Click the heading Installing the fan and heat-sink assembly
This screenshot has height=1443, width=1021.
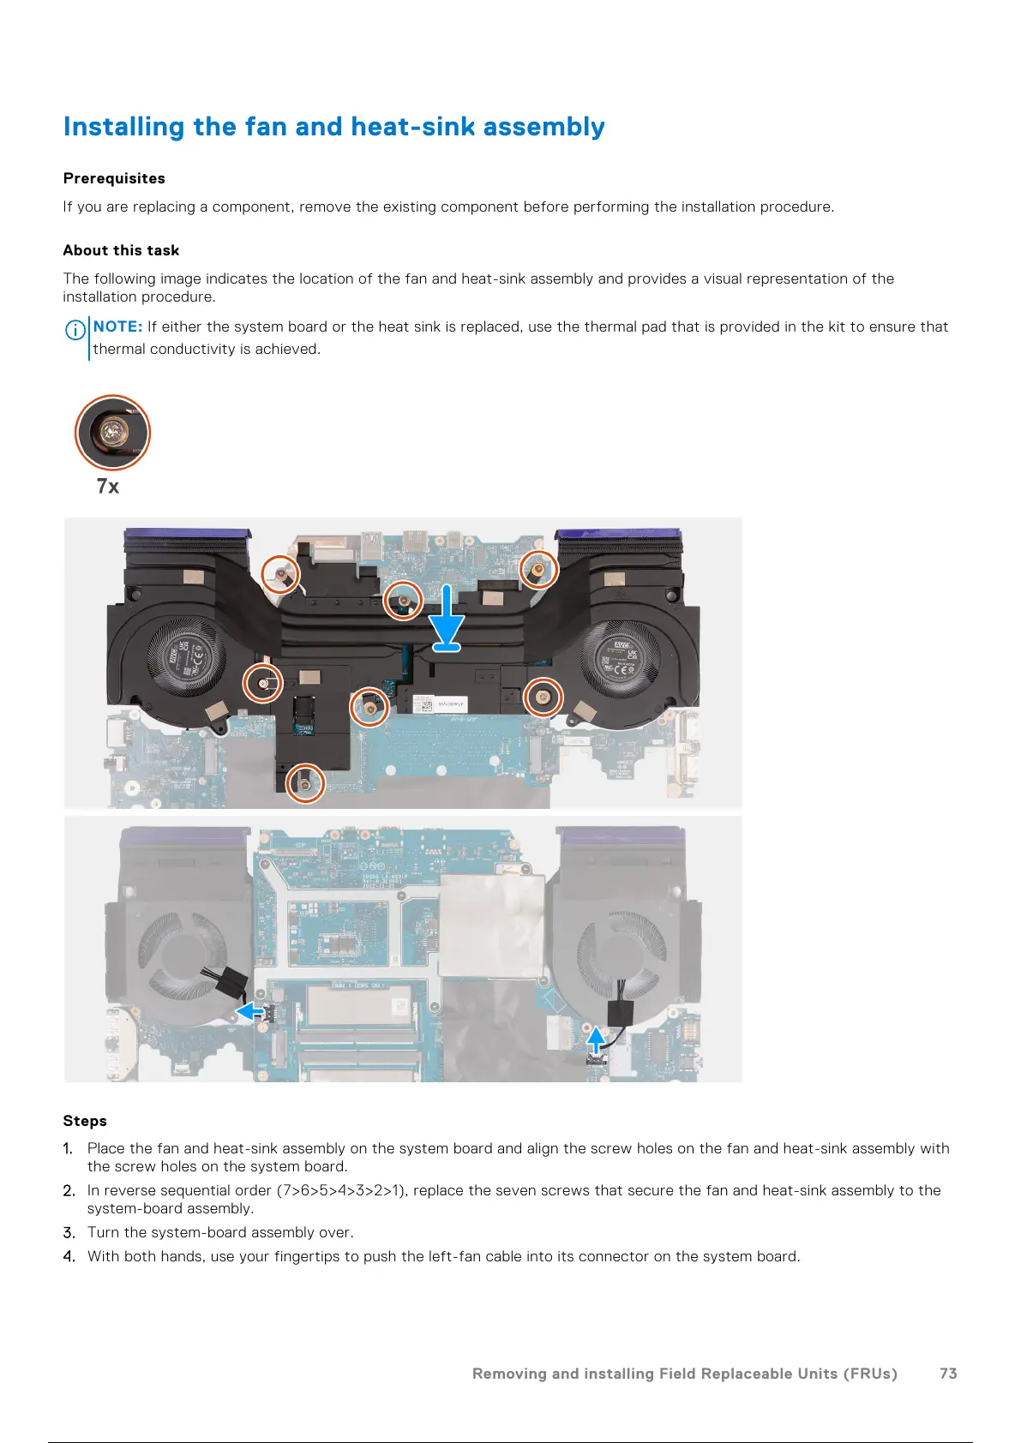pos(333,127)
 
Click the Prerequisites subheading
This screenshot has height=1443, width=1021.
pos(114,178)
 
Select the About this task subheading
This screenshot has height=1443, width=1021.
pos(121,250)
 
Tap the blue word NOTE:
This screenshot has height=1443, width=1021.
pos(117,326)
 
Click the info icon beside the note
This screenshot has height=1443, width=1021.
pos(75,329)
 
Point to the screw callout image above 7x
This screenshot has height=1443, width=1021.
pos(112,433)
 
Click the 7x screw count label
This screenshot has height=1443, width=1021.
pos(108,487)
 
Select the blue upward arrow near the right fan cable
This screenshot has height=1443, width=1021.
pos(596,1040)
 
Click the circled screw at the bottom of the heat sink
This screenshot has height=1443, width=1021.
pos(304,782)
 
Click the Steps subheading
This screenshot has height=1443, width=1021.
pos(85,1121)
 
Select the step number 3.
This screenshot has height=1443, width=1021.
pos(69,1232)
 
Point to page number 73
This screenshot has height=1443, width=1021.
pos(947,1374)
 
